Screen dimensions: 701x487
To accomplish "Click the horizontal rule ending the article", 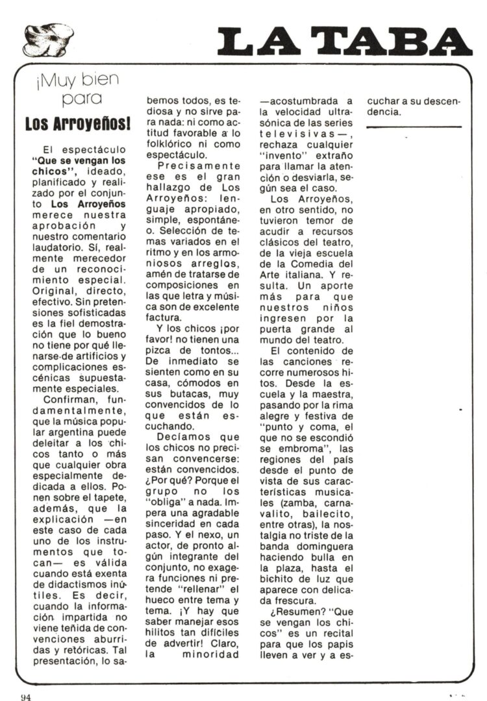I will (414, 127).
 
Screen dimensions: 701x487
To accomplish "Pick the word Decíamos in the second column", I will (184, 438).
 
